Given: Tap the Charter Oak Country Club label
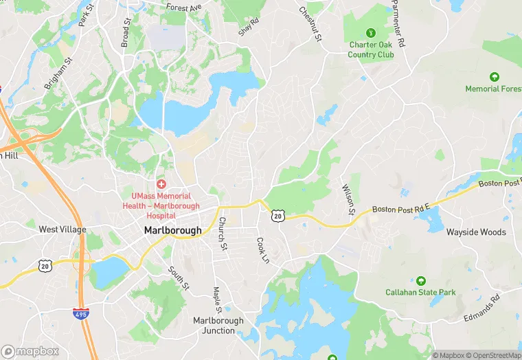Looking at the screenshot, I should [x=371, y=49].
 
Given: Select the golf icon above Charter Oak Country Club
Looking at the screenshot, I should [x=371, y=32].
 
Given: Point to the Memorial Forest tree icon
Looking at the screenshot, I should [x=493, y=77].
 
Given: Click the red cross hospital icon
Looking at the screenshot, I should [x=161, y=183].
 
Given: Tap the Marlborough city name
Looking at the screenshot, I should [x=173, y=231].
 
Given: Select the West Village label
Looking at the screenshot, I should [x=63, y=229].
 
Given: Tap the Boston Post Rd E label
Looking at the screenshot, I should [x=400, y=207].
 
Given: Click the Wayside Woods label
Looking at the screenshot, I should [x=476, y=232].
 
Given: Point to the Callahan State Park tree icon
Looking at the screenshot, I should [x=420, y=280].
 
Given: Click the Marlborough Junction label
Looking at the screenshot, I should [x=218, y=326].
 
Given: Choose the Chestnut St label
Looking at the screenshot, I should [x=310, y=22].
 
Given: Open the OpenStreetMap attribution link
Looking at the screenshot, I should [x=494, y=355].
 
